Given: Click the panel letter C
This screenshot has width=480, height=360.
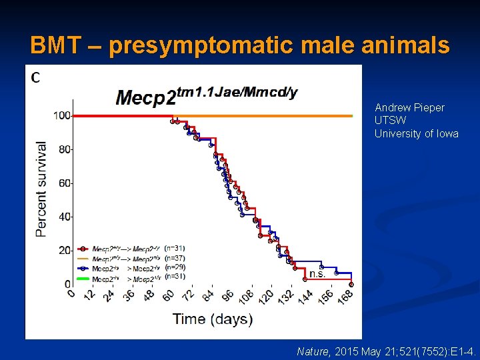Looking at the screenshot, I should (x=35, y=78).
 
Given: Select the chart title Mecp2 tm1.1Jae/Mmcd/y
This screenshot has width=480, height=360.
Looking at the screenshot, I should (x=207, y=96).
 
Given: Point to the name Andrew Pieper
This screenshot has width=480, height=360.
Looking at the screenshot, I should (x=409, y=107).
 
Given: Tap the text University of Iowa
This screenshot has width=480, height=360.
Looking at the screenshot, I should (x=416, y=133).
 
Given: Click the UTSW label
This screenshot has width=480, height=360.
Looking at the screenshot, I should (x=390, y=121).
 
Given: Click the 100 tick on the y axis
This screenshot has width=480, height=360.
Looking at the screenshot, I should (x=62, y=115).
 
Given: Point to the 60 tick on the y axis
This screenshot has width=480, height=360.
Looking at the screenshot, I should (x=64, y=183).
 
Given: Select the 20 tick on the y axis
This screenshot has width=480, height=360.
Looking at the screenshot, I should (x=64, y=250).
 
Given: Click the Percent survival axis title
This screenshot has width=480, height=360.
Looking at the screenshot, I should (x=41, y=189).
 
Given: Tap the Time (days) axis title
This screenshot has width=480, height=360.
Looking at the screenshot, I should (x=213, y=319).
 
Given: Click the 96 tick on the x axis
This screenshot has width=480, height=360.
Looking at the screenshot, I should (x=228, y=296).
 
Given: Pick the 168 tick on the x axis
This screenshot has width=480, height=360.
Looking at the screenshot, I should (x=344, y=297).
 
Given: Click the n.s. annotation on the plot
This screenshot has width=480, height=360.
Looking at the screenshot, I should (x=317, y=273).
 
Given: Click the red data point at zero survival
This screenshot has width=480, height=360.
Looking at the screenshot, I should (x=351, y=284).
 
